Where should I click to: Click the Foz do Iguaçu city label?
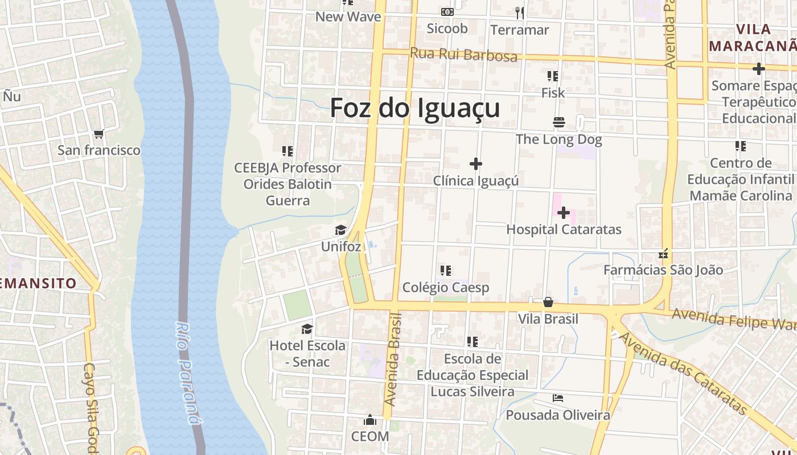pyautogui.click(x=415, y=108)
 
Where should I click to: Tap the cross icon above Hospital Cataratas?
pyautogui.click(x=564, y=213)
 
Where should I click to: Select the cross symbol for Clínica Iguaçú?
pyautogui.click(x=476, y=164)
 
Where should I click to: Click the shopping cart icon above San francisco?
pyautogui.click(x=99, y=134)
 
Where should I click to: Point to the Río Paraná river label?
pyautogui.click(x=188, y=374)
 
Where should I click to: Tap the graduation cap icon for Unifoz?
pyautogui.click(x=340, y=230)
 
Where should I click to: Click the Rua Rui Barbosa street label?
pyautogui.click(x=463, y=55)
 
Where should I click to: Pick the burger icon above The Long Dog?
pyautogui.click(x=558, y=122)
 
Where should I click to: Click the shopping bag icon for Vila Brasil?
pyautogui.click(x=548, y=302)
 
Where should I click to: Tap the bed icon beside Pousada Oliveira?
pyautogui.click(x=558, y=398)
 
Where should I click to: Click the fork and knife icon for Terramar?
pyautogui.click(x=519, y=13)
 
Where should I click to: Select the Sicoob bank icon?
pyautogui.click(x=447, y=12)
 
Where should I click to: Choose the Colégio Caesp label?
pyautogui.click(x=446, y=288)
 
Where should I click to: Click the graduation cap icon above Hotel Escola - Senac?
pyautogui.click(x=307, y=329)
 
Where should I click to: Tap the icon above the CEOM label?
pyautogui.click(x=370, y=420)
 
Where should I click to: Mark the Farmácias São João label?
pyautogui.click(x=663, y=270)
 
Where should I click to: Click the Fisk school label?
pyautogui.click(x=553, y=93)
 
